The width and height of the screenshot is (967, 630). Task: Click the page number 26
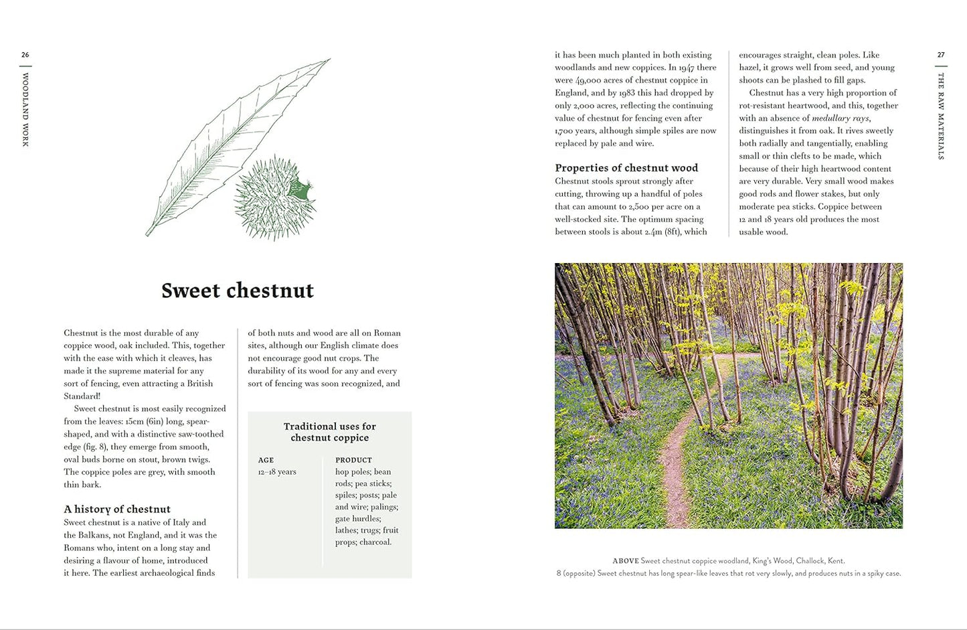click(25, 55)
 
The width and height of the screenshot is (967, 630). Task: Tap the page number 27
click(941, 55)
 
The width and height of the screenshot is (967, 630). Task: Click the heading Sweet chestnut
click(238, 291)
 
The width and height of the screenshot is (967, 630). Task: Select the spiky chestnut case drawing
click(274, 198)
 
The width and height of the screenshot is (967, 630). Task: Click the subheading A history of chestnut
click(117, 509)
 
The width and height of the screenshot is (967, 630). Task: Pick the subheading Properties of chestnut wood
click(626, 168)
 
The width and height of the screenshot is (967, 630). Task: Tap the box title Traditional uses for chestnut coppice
click(330, 432)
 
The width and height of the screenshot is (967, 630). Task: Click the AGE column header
click(266, 460)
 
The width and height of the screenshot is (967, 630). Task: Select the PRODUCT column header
click(353, 460)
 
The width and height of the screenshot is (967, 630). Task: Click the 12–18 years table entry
click(277, 472)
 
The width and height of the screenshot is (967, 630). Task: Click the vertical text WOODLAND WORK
click(25, 110)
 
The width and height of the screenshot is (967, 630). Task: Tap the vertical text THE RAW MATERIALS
click(941, 116)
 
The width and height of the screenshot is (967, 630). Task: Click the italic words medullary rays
click(841, 119)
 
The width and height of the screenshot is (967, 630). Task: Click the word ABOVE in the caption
click(626, 561)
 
